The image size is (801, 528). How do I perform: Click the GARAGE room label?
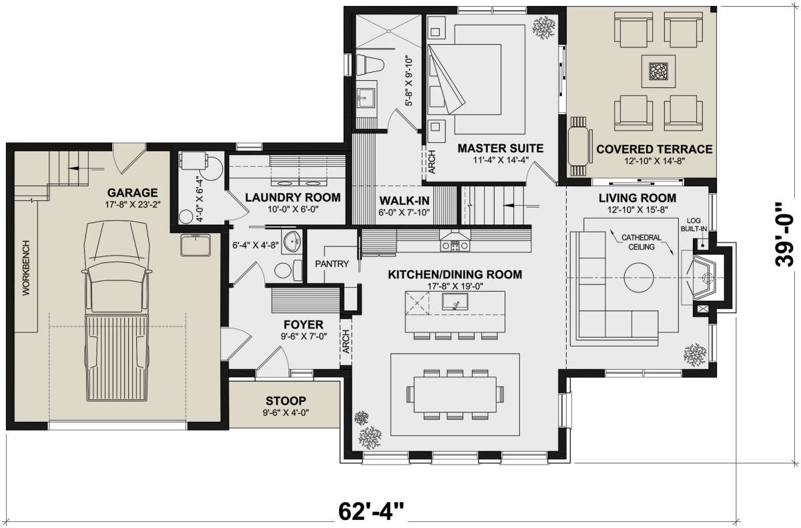tap(132, 193)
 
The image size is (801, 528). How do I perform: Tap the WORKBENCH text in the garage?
tap(27, 268)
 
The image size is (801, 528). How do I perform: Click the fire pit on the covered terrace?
tap(658, 71)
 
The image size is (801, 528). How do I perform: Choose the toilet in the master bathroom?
tap(370, 65)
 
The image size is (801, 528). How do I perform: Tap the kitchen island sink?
tap(455, 301)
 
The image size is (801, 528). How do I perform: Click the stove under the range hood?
tap(455, 246)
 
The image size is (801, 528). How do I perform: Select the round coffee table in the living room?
tap(639, 278)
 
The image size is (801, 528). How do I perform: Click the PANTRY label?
tap(332, 264)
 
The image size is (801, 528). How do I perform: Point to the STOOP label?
tap(286, 401)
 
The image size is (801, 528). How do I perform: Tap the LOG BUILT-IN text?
tap(694, 224)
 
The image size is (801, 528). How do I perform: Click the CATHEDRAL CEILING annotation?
tap(641, 242)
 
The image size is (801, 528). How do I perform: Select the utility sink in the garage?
tap(195, 245)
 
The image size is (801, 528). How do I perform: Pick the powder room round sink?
tap(292, 242)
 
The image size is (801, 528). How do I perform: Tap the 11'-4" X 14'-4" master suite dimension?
tap(501, 160)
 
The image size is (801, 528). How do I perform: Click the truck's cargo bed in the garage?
tap(117, 358)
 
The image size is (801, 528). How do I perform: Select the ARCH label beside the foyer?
tap(346, 342)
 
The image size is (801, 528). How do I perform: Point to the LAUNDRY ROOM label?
tap(293, 198)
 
